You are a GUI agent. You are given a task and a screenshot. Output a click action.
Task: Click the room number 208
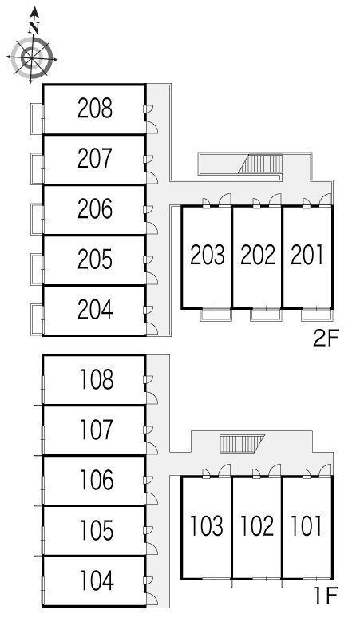click(x=95, y=108)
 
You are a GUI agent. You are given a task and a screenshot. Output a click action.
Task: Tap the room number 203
click(x=208, y=255)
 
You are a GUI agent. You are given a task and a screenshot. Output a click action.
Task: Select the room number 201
click(x=307, y=255)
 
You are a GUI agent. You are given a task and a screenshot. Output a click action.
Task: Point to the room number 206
click(x=95, y=209)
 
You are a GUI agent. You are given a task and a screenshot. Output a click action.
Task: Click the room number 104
click(x=97, y=580)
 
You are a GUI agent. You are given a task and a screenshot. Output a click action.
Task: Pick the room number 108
click(x=97, y=379)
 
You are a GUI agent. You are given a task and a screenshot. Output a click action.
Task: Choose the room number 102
click(x=257, y=525)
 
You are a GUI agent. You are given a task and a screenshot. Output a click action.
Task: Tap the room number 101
click(x=306, y=525)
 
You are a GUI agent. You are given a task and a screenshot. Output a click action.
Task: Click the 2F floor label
click(x=326, y=339)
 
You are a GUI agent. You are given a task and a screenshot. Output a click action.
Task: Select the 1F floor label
click(x=326, y=596)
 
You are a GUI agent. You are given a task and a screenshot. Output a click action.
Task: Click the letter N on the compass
click(x=34, y=28)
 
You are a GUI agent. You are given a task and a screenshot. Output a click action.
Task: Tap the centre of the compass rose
click(x=31, y=59)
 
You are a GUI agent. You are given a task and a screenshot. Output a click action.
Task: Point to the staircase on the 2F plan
click(x=261, y=164)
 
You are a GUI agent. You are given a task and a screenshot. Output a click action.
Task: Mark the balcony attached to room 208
click(x=37, y=119)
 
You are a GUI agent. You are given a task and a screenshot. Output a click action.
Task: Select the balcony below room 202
click(x=267, y=315)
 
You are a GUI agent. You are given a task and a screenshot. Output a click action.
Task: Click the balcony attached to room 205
click(x=37, y=270)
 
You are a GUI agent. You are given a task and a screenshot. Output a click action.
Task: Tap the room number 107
click(x=97, y=430)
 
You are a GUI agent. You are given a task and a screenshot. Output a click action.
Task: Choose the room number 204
click(x=95, y=310)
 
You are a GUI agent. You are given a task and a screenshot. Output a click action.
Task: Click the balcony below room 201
click(x=317, y=315)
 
